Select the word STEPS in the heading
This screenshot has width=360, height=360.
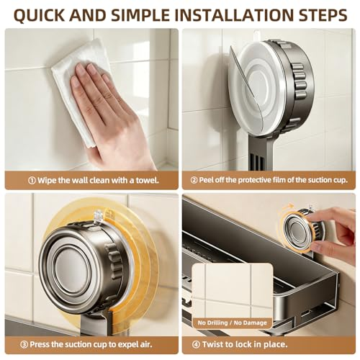pos(321,15)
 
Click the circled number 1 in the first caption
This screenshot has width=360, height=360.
pos(32,180)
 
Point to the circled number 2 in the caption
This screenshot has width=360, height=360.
pos(194,180)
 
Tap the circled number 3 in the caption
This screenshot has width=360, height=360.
pos(24,345)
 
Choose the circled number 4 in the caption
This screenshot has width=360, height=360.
pos(196,345)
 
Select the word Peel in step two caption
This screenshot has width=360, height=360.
pos(206,180)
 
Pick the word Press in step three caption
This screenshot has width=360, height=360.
pos(40,345)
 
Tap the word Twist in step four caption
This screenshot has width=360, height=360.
pos(211,345)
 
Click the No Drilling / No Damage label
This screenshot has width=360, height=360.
pos(232,323)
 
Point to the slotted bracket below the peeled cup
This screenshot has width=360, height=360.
pos(260,153)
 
